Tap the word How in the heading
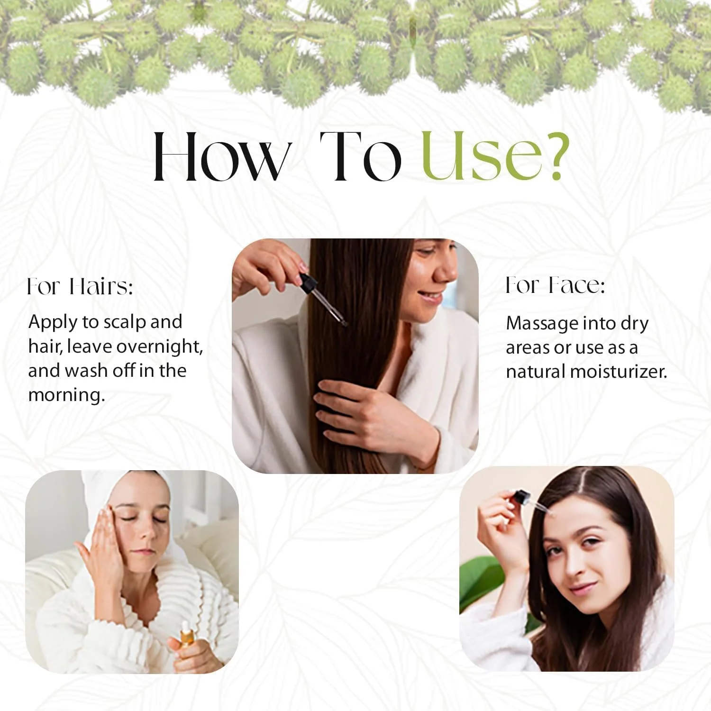coord(220,156)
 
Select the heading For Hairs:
coord(80,287)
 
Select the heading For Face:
coord(555,285)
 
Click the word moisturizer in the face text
coord(619,371)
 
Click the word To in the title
coord(361,156)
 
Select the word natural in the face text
coord(536,371)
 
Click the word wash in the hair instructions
coord(87,371)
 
